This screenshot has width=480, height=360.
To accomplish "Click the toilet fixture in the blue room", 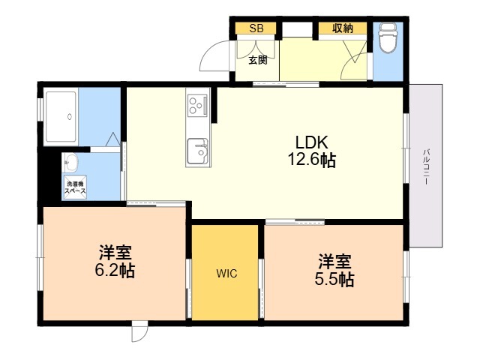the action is [x=388, y=37].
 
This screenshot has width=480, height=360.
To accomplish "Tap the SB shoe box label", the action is [x=256, y=28].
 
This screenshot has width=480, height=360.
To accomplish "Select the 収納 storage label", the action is [x=343, y=28].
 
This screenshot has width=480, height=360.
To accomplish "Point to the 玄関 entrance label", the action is [x=258, y=60].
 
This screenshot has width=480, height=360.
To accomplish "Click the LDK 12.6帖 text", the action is [x=312, y=151].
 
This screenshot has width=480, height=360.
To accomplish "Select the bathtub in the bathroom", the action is [x=61, y=117].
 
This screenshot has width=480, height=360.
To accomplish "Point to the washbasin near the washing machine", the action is [x=71, y=162].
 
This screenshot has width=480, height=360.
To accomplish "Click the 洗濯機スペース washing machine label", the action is [x=75, y=187].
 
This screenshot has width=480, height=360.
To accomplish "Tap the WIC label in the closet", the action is [x=226, y=273].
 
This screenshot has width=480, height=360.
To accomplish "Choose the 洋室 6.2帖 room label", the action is [x=115, y=261].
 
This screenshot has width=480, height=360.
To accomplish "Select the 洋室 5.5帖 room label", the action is [x=334, y=270].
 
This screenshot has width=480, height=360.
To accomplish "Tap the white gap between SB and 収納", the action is [x=297, y=29].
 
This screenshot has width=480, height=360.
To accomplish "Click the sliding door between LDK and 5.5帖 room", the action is [x=295, y=222].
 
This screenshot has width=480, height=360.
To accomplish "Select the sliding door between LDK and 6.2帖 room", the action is [x=156, y=203].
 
